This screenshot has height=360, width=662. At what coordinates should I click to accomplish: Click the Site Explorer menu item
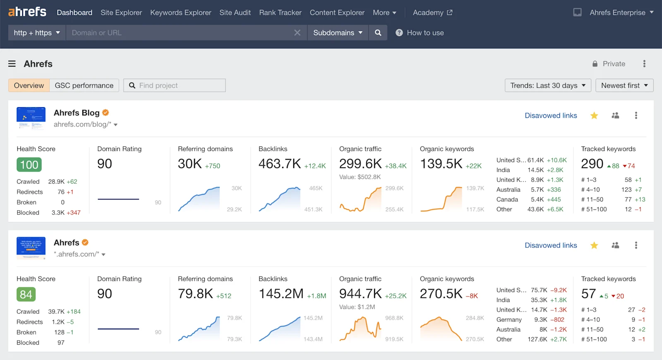tap(121, 12)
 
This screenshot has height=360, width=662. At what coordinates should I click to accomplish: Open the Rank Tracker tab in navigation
tap(280, 12)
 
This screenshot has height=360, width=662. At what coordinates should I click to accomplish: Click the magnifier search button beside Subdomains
tap(378, 33)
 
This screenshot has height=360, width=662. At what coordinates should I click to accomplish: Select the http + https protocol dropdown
tap(37, 33)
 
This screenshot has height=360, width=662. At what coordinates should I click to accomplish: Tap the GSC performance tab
tap(84, 85)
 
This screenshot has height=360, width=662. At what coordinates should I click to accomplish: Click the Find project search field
tap(178, 85)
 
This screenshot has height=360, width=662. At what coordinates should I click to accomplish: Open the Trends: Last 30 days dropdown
tap(547, 85)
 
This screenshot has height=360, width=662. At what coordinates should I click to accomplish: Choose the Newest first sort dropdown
tap(624, 85)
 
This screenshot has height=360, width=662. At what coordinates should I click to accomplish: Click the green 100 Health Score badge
tap(29, 165)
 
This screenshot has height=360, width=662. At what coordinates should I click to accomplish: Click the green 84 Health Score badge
tap(26, 295)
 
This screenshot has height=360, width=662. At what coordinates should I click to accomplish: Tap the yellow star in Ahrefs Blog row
tap(594, 115)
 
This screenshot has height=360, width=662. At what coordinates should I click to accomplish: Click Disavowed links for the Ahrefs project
tap(551, 245)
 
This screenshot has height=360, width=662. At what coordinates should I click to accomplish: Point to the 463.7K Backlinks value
tap(280, 164)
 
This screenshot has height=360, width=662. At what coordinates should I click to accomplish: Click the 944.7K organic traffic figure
tap(360, 294)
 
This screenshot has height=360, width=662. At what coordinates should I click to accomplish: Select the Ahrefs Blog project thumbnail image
tap(31, 118)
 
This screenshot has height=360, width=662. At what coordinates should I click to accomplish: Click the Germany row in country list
tap(509, 319)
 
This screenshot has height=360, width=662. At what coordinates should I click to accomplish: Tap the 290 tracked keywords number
tap(592, 164)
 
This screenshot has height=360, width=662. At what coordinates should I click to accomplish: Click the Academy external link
tap(432, 12)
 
